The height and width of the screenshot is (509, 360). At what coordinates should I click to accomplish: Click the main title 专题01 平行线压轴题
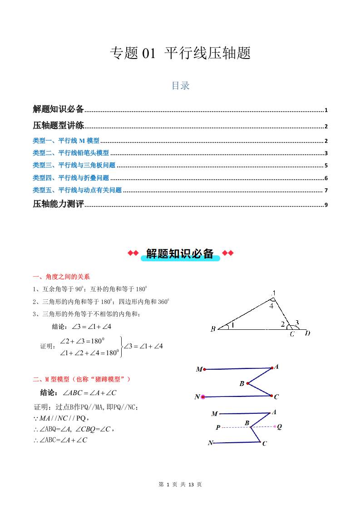point(180,54)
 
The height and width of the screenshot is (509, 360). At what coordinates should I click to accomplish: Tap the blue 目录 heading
point(180,86)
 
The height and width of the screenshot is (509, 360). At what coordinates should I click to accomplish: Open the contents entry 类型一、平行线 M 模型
point(66,141)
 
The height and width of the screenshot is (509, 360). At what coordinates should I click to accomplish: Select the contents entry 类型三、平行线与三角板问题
point(74,166)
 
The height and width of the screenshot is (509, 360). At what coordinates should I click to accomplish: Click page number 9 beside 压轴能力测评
point(326,205)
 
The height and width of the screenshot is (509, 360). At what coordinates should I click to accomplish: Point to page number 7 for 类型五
point(326,191)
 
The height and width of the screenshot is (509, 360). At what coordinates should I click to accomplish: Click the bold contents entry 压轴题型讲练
point(59,126)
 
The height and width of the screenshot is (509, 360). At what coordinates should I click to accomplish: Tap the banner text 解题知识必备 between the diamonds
point(180,254)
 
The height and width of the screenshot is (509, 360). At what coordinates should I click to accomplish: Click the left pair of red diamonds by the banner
point(133,253)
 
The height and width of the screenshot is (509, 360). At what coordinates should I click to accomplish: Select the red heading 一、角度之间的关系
point(61,276)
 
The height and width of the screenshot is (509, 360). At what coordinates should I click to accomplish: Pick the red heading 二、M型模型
point(82,379)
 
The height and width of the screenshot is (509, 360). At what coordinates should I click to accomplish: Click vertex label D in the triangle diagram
point(308,334)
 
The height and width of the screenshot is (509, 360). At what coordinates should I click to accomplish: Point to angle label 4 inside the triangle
point(271,306)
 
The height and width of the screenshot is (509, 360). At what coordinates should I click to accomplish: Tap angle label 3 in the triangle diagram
point(297,323)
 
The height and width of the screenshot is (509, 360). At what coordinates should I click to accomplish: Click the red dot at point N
point(203,397)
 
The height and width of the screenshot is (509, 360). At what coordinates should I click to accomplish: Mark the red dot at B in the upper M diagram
point(248,383)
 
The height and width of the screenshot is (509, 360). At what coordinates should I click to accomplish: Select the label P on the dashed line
point(218,427)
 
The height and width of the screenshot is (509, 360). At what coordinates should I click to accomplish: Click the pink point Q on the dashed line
point(275,426)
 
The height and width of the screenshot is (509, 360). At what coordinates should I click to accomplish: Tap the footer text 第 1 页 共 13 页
point(180,485)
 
